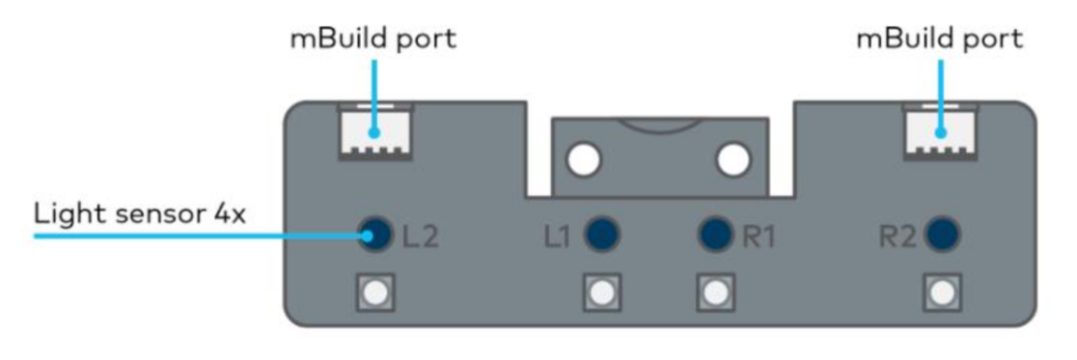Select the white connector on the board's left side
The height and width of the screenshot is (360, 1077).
tap(375, 132)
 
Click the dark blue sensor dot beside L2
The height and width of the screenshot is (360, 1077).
tap(374, 234)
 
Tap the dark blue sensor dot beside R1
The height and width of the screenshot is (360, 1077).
tap(715, 234)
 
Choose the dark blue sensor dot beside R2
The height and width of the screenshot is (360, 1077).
tap(941, 234)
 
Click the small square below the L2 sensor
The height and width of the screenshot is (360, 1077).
tap(374, 291)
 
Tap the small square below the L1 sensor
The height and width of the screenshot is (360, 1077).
tap(602, 291)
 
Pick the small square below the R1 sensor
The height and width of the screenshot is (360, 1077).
tap(715, 291)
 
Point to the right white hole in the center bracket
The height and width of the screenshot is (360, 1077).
tap(733, 159)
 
